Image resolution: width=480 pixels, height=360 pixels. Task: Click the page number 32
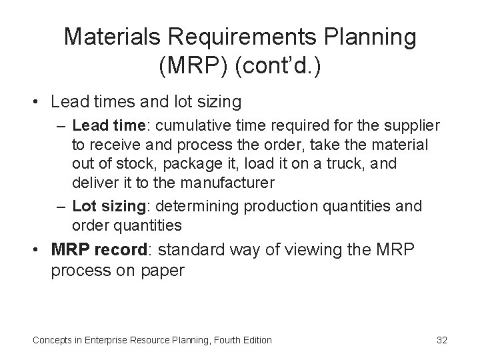click(x=441, y=340)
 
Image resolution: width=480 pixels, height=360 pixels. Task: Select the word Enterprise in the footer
click(x=107, y=340)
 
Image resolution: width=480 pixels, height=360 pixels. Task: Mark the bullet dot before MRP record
click(x=40, y=251)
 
